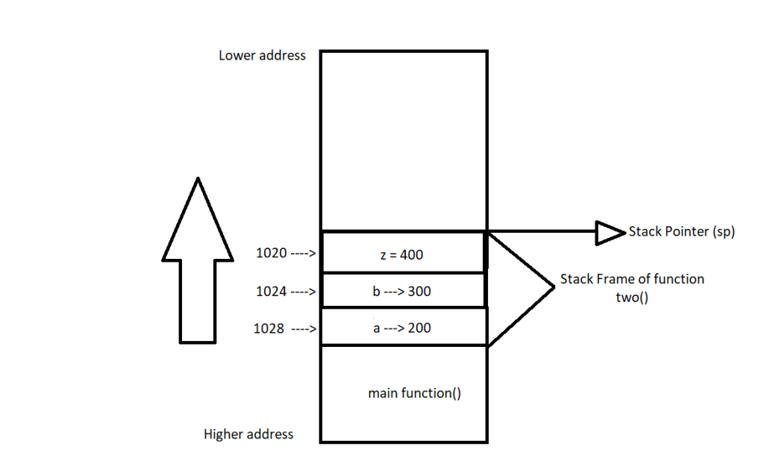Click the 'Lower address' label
pyautogui.click(x=262, y=55)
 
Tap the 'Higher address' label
pyautogui.click(x=248, y=434)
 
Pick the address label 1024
pyautogui.click(x=271, y=292)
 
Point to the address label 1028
pyautogui.click(x=269, y=328)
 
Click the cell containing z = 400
pyautogui.click(x=403, y=254)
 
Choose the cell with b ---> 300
pyautogui.click(x=403, y=292)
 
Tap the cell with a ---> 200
pyautogui.click(x=403, y=328)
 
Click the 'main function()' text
pyautogui.click(x=415, y=393)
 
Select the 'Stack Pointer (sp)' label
pyautogui.click(x=682, y=232)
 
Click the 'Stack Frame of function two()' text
pyautogui.click(x=632, y=286)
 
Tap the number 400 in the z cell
pyautogui.click(x=411, y=255)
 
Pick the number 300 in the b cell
pyautogui.click(x=419, y=292)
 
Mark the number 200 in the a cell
pyautogui.click(x=419, y=328)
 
